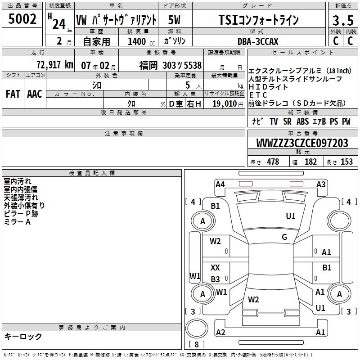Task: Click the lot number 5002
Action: pyautogui.click(x=22, y=19)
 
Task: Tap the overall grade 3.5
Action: pyautogui.click(x=343, y=20)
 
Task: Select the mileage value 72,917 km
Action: pyautogui.click(x=55, y=65)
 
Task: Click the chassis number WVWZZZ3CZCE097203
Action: pyautogui.click(x=302, y=143)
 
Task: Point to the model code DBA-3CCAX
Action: pyautogui.click(x=258, y=41)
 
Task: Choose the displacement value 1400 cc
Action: pyautogui.click(x=141, y=41)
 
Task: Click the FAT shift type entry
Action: pyautogui.click(x=13, y=94)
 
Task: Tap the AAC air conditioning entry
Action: pyautogui.click(x=35, y=94)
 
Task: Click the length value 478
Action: pyautogui.click(x=273, y=162)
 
